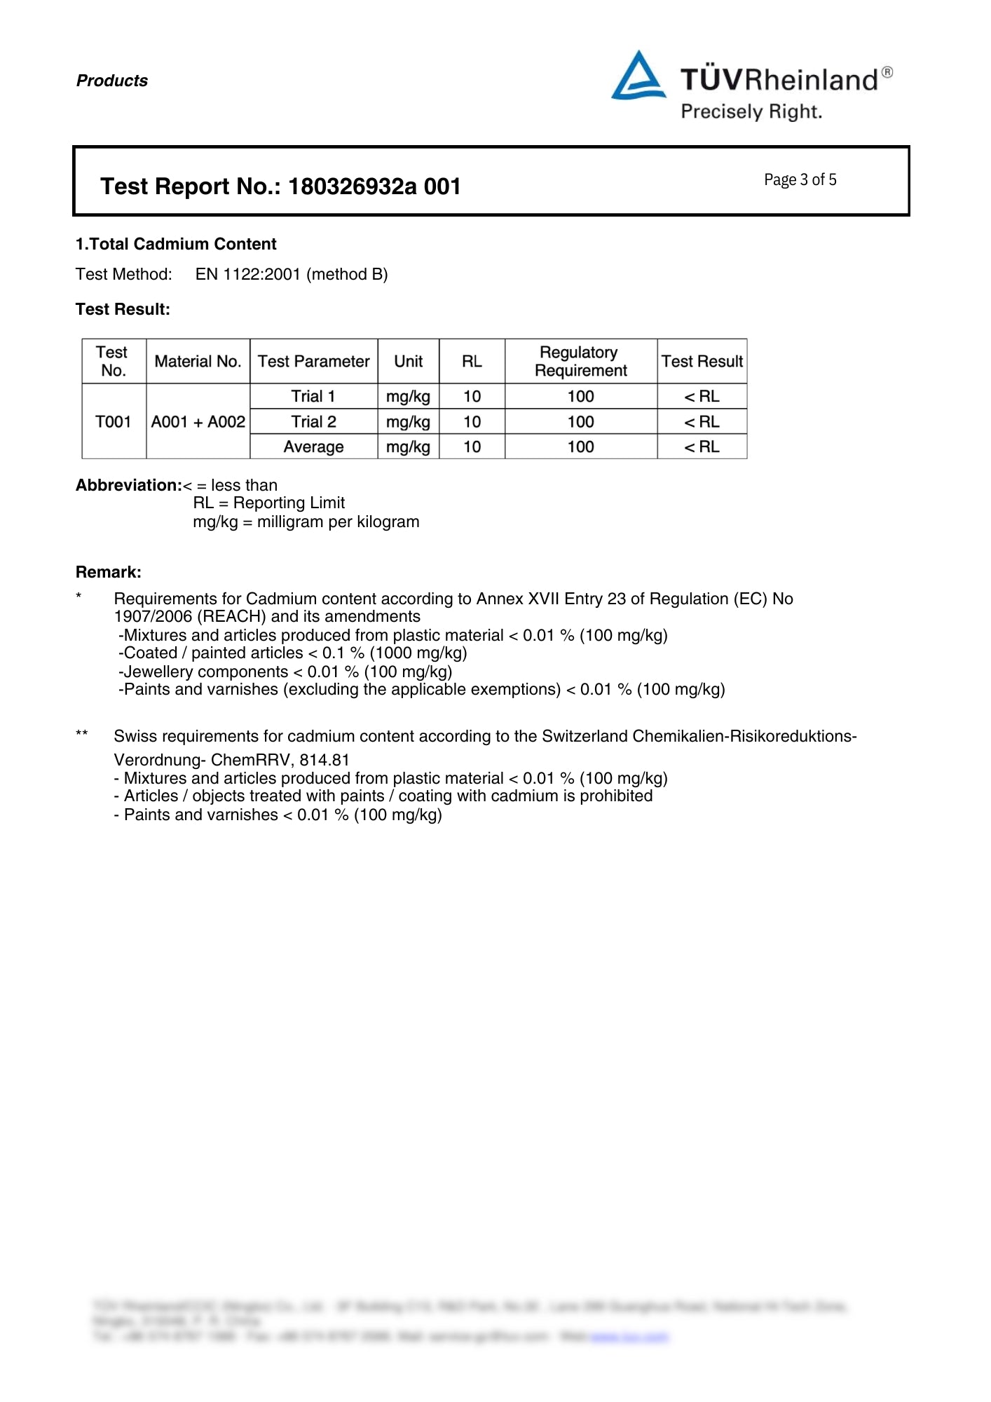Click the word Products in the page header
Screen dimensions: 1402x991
click(x=112, y=81)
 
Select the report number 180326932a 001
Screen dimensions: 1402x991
click(x=374, y=186)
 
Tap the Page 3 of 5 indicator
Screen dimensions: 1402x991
click(x=800, y=180)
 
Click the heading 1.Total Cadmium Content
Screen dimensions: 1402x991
click(x=176, y=244)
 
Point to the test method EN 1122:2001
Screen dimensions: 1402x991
click(x=248, y=274)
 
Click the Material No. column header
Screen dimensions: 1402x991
click(x=198, y=361)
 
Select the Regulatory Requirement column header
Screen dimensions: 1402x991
click(x=580, y=361)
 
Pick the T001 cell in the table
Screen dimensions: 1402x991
click(x=114, y=421)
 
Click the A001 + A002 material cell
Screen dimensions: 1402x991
click(x=198, y=421)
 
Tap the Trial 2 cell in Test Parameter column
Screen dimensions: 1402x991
click(x=313, y=421)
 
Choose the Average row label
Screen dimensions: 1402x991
click(x=313, y=447)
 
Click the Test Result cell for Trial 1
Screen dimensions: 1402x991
click(x=702, y=396)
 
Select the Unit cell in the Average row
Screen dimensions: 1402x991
click(x=408, y=447)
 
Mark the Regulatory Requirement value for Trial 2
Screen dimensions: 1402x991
click(x=580, y=421)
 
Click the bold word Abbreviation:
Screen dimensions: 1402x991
click(x=129, y=485)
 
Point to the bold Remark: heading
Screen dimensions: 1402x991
click(x=109, y=572)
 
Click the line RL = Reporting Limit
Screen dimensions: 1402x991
click(x=268, y=503)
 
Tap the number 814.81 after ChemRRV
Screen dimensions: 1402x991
click(x=324, y=760)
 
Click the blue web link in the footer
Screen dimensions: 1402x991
click(x=629, y=1337)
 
